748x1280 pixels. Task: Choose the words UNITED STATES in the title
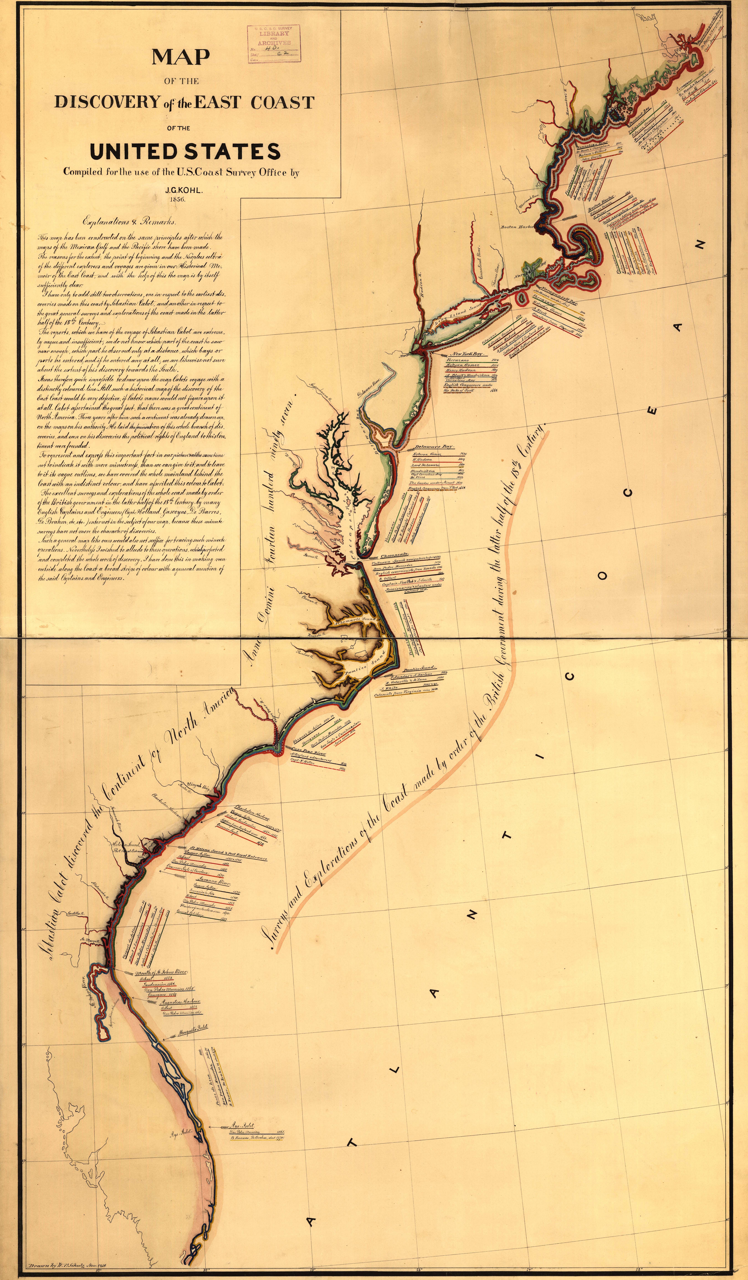click(185, 151)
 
